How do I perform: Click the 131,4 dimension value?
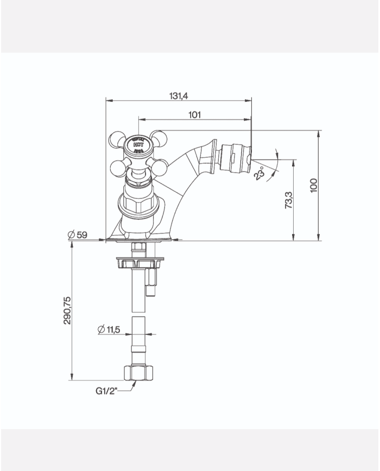coord(178,95)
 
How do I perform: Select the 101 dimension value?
coord(194,114)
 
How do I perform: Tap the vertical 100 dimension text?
coord(313,185)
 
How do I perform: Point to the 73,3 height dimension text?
coord(288,200)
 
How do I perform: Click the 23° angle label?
coord(260,173)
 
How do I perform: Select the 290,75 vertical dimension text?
coord(68,311)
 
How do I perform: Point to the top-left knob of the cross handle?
coord(117,139)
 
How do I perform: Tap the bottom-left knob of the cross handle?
coord(118,169)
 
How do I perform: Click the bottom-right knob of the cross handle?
coord(159,169)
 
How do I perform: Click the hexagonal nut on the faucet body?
coord(138,206)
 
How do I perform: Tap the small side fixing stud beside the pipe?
coord(150,283)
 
